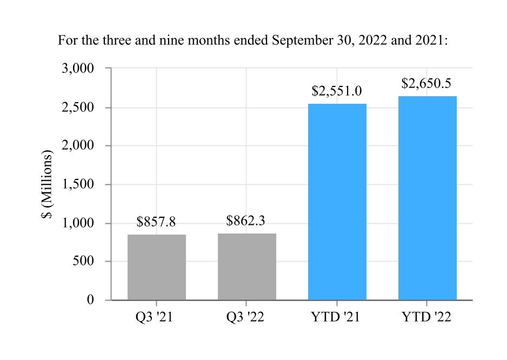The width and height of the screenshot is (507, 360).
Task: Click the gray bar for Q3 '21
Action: [157, 267]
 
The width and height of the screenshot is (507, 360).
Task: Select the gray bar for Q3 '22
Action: [247, 266]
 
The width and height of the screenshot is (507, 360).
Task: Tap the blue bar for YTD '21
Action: [337, 202]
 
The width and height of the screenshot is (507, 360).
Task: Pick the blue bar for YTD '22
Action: [428, 198]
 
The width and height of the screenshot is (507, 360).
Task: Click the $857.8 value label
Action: [156, 222]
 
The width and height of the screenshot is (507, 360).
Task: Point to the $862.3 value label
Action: [246, 221]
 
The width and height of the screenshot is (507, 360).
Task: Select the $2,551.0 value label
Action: [337, 91]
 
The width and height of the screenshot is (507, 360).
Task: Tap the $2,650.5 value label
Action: [426, 83]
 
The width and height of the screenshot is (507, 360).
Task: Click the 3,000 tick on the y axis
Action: [78, 69]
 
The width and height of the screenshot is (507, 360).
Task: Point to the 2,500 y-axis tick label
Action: [78, 108]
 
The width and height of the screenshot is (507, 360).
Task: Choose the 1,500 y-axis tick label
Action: [78, 184]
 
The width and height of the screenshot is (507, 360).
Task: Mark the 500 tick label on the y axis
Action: [83, 261]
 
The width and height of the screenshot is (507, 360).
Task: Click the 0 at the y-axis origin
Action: [91, 299]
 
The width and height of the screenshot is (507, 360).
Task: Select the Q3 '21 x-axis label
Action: [154, 317]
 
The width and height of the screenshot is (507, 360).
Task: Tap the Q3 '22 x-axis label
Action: [245, 317]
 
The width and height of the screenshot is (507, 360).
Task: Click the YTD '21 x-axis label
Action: [335, 317]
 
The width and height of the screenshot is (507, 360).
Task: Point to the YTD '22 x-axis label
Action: [426, 317]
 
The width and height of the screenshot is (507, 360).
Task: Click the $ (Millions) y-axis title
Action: [47, 184]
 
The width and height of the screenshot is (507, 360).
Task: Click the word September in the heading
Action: [302, 41]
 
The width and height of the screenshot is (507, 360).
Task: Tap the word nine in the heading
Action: [171, 41]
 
